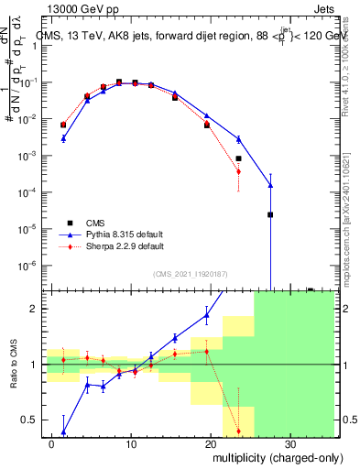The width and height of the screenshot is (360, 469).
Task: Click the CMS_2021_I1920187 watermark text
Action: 190,273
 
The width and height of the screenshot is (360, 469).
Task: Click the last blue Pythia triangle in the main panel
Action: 270,185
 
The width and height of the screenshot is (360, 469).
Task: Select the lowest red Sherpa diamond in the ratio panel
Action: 238,431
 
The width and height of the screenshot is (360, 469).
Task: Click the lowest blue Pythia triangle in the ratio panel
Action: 63,431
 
